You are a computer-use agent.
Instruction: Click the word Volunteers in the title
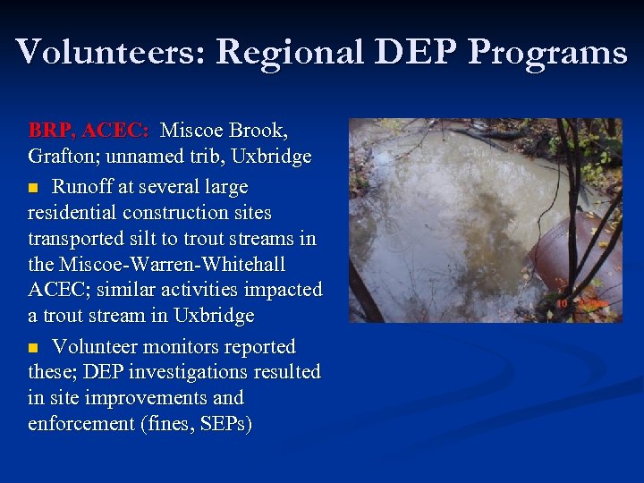pos(108,52)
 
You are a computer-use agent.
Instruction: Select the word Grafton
pos(59,157)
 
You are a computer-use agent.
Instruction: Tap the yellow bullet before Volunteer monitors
pos(34,348)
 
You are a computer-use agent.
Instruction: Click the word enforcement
pos(80,423)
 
